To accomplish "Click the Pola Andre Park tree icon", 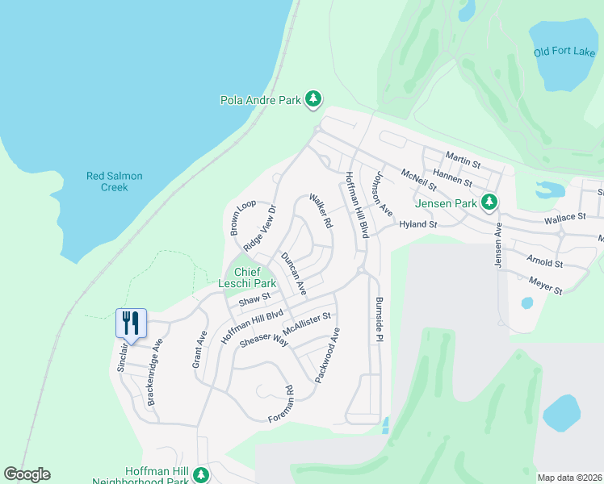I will [313, 100].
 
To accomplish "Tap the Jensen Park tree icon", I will [488, 202].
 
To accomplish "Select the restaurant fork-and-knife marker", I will [130, 323].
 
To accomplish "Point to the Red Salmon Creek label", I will [115, 181].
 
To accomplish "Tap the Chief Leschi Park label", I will [247, 277].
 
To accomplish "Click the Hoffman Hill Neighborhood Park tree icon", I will [201, 475].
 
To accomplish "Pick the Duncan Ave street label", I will [294, 272].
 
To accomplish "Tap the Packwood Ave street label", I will [329, 355].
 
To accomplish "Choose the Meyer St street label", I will [546, 284].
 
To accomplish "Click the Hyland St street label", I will [417, 225].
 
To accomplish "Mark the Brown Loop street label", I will [242, 218].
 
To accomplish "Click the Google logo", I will [27, 474].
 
